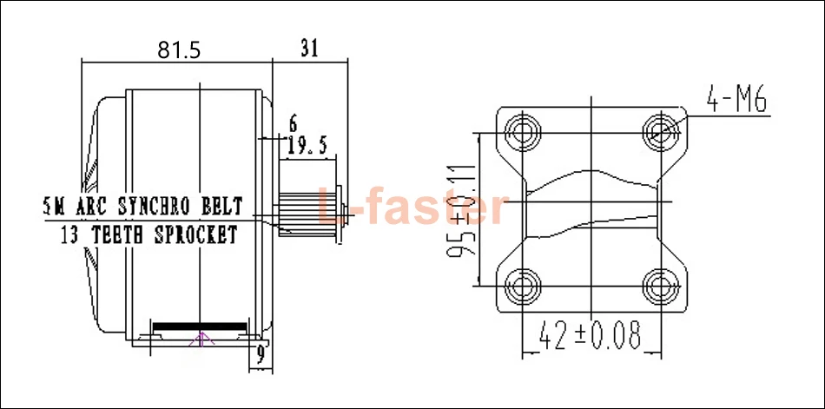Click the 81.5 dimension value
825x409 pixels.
(179, 50)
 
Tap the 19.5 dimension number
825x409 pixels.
(307, 146)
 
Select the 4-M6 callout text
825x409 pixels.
(736, 102)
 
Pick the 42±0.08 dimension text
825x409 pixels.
(590, 334)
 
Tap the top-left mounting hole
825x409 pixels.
(525, 132)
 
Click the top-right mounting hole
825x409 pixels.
(663, 132)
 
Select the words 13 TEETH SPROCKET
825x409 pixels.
(148, 234)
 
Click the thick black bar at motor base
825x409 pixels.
(201, 327)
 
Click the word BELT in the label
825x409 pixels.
(221, 207)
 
